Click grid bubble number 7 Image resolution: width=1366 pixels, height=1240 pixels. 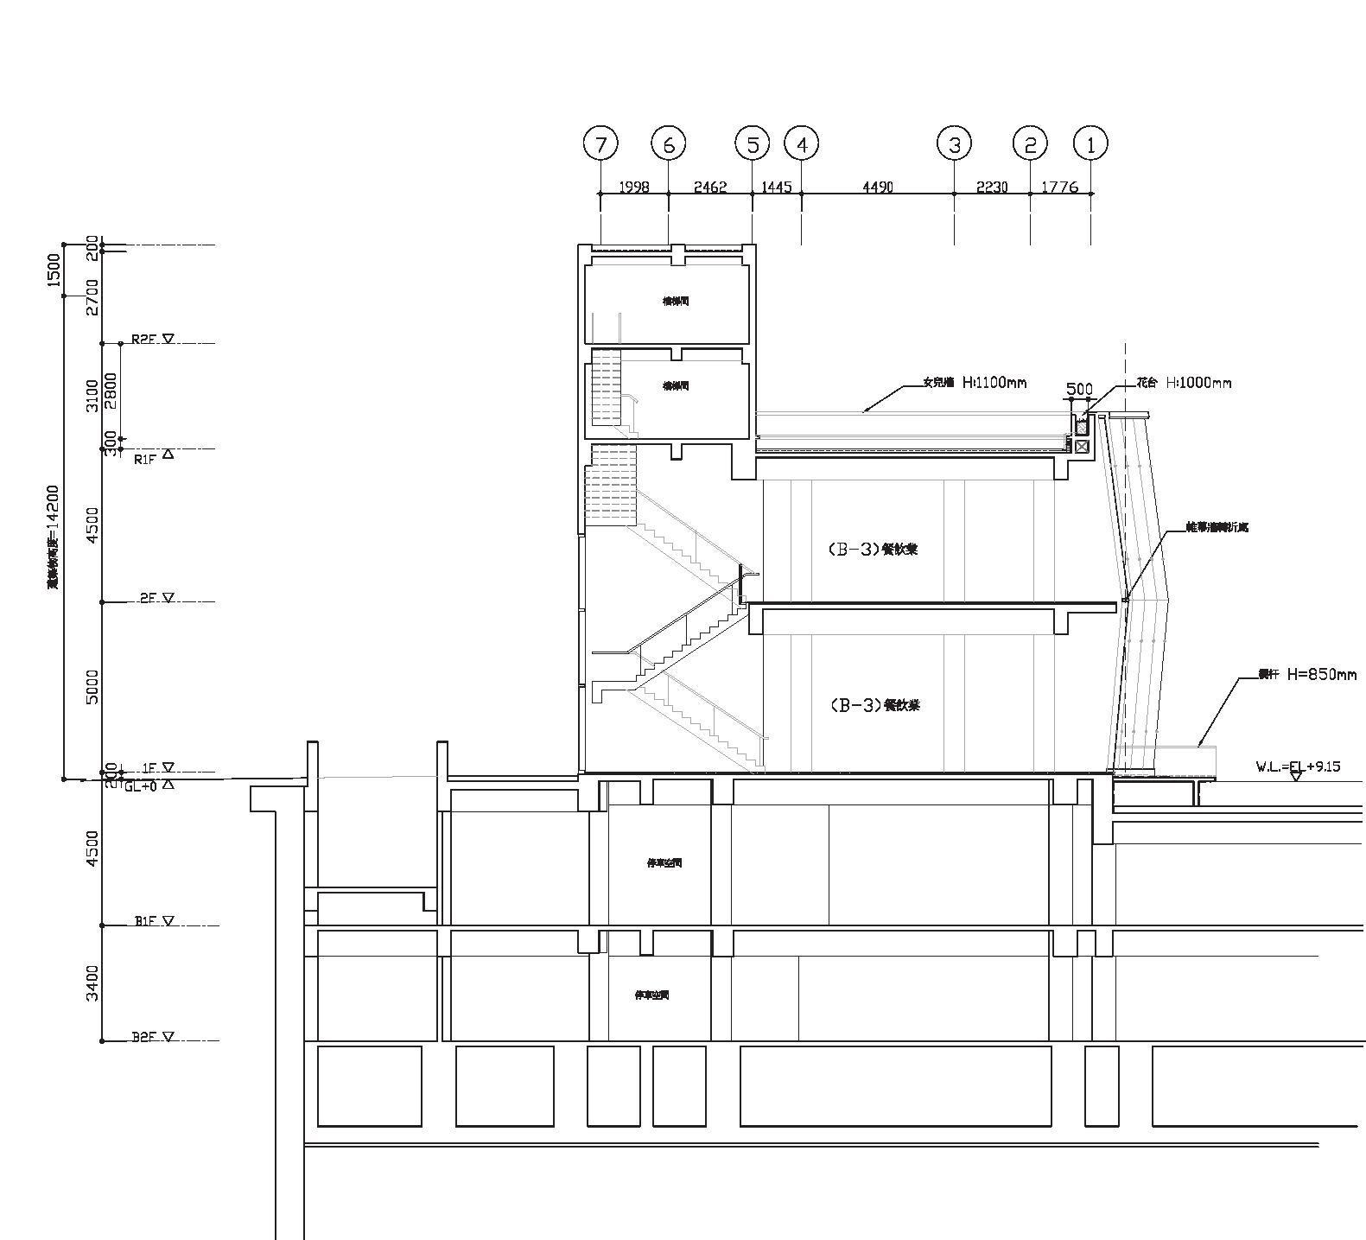pyautogui.click(x=600, y=144)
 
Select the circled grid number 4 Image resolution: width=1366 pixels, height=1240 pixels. pyautogui.click(x=802, y=144)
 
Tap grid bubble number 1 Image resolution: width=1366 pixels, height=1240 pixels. pyautogui.click(x=1090, y=144)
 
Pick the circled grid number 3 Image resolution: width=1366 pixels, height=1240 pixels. pyautogui.click(x=954, y=144)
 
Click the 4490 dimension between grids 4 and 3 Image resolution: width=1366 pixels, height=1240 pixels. pyautogui.click(x=878, y=187)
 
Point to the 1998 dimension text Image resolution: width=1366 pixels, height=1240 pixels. pyautogui.click(x=634, y=187)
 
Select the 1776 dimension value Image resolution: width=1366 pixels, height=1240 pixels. pyautogui.click(x=1060, y=187)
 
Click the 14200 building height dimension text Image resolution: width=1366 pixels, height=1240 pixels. pyautogui.click(x=54, y=536)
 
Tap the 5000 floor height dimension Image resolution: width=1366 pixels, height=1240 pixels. pyautogui.click(x=93, y=686)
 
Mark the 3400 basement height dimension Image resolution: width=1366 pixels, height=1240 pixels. pyautogui.click(x=93, y=982)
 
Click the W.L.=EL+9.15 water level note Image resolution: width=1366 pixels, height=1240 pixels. pyautogui.click(x=1298, y=766)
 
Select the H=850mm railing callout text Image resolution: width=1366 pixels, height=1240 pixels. pyautogui.click(x=1321, y=674)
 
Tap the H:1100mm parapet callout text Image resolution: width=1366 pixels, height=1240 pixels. pyautogui.click(x=994, y=382)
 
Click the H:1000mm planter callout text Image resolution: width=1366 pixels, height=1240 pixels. pyautogui.click(x=1198, y=382)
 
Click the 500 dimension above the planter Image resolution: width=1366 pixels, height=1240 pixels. pyautogui.click(x=1079, y=390)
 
